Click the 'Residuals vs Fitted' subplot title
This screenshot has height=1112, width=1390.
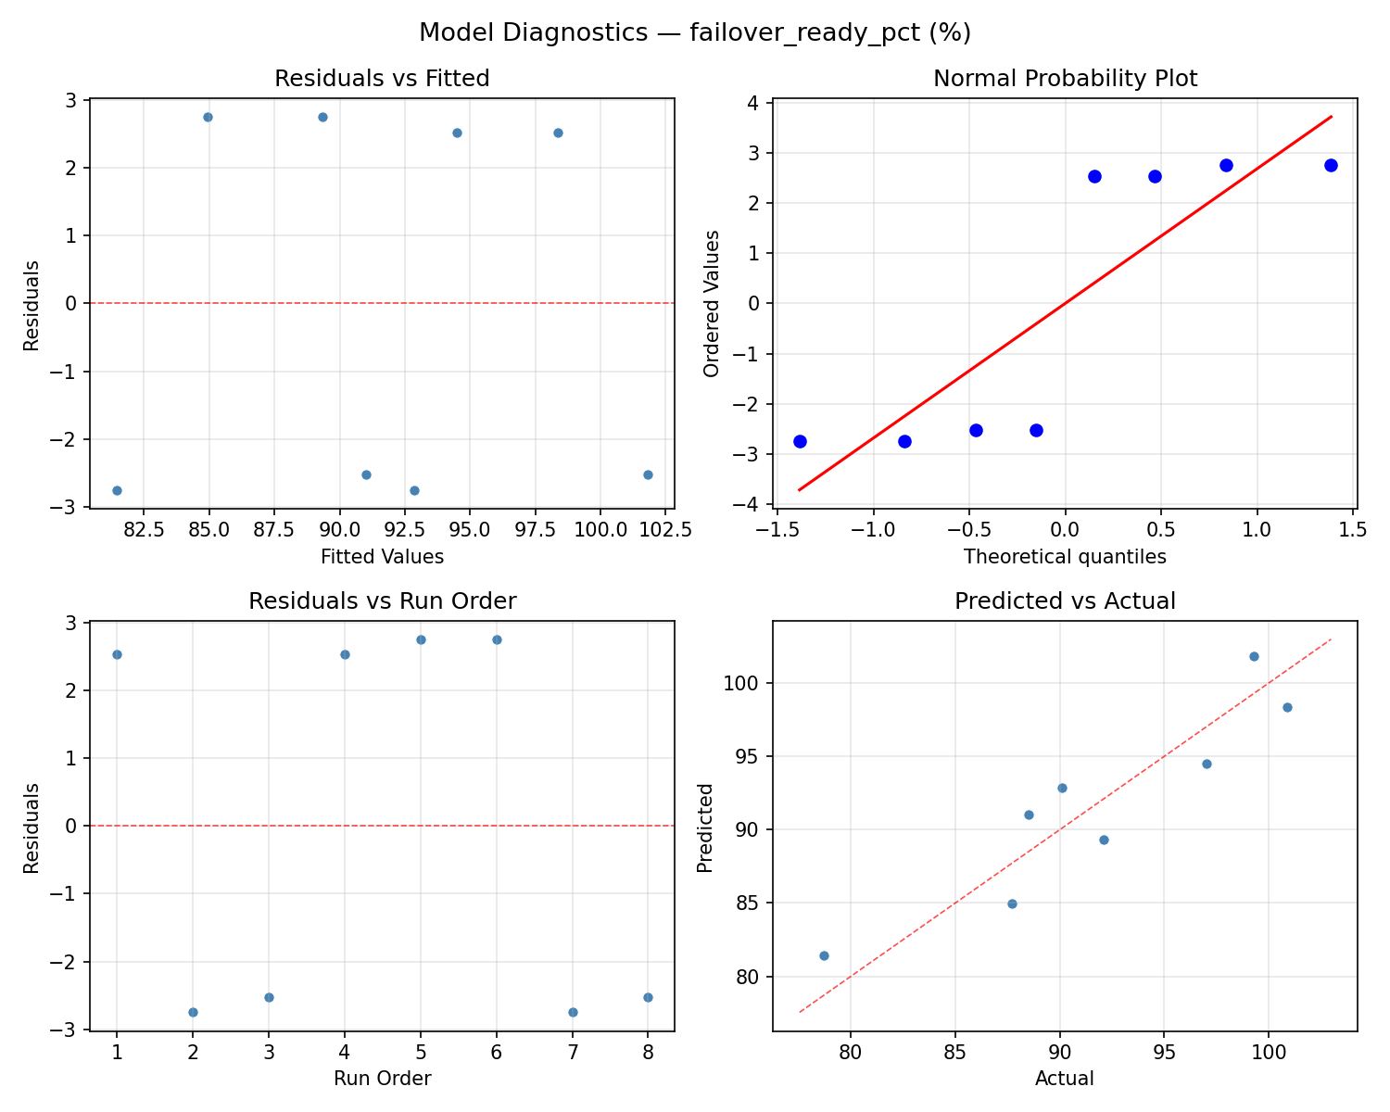[382, 79]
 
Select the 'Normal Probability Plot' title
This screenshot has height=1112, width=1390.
[1065, 79]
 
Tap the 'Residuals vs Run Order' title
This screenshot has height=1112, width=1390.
[382, 601]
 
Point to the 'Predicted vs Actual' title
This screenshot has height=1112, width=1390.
[1065, 601]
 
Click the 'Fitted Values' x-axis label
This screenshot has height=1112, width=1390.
[382, 557]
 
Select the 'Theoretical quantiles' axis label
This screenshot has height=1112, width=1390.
[1065, 557]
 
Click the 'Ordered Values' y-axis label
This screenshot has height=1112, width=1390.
[712, 304]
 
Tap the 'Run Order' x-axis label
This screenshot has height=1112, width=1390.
[382, 1079]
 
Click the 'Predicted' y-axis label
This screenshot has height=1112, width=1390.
[705, 828]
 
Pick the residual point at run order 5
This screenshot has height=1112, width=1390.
[421, 639]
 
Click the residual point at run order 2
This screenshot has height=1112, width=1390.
[193, 1012]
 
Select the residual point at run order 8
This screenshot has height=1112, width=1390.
[648, 997]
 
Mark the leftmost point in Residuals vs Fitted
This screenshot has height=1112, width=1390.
[117, 490]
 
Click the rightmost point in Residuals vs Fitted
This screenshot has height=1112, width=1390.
[648, 474]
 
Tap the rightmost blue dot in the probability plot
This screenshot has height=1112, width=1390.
[1331, 165]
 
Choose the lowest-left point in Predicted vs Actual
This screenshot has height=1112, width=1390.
[824, 955]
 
